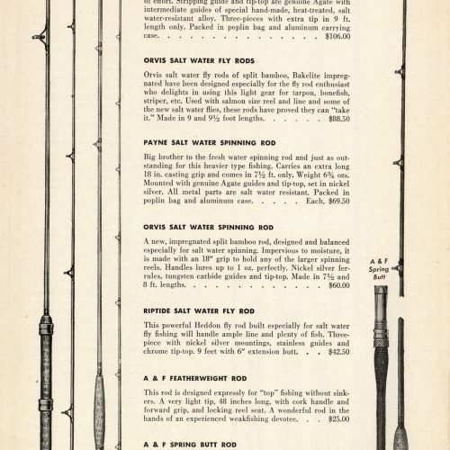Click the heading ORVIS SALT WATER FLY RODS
pyautogui.click(x=199, y=60)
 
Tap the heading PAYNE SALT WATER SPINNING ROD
pyautogui.click(x=210, y=143)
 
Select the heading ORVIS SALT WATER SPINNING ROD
pyautogui.click(x=208, y=228)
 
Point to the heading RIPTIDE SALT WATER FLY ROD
pyautogui.click(x=199, y=311)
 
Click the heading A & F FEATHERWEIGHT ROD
pyautogui.click(x=195, y=378)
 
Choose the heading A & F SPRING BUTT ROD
pyautogui.click(x=190, y=445)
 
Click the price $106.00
pyautogui.click(x=337, y=36)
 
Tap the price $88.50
pyautogui.click(x=339, y=119)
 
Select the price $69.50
pyautogui.click(x=339, y=201)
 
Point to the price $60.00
pyautogui.click(x=339, y=285)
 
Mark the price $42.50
pyautogui.click(x=339, y=352)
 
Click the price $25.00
pyautogui.click(x=339, y=418)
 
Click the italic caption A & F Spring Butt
pyautogui.click(x=379, y=269)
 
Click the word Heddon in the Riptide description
pyautogui.click(x=207, y=326)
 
